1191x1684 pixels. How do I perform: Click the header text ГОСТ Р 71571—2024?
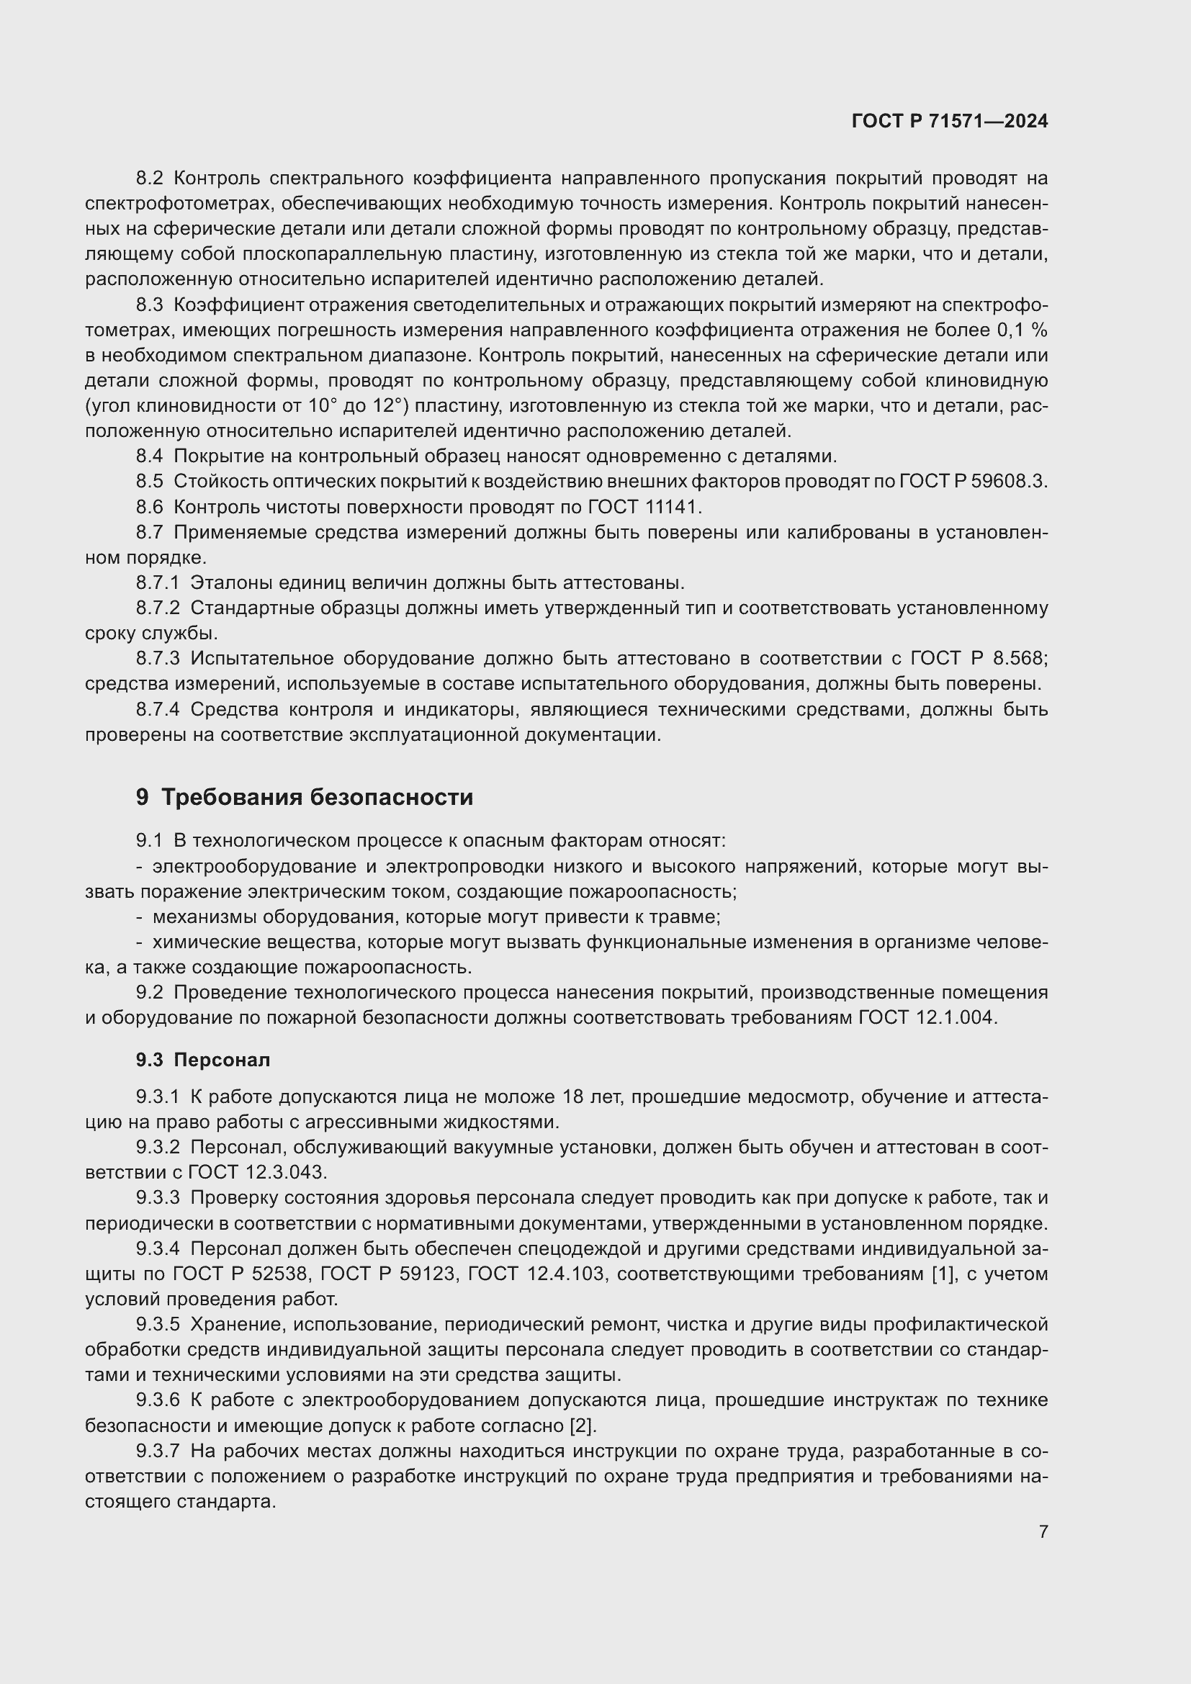click(x=950, y=121)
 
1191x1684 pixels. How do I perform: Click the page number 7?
click(x=1043, y=1531)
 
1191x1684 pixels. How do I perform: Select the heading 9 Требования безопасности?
click(x=305, y=797)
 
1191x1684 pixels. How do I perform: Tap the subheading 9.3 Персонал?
click(x=203, y=1060)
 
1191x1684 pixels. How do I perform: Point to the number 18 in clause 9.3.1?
click(x=573, y=1097)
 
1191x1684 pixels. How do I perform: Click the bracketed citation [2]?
click(x=583, y=1426)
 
